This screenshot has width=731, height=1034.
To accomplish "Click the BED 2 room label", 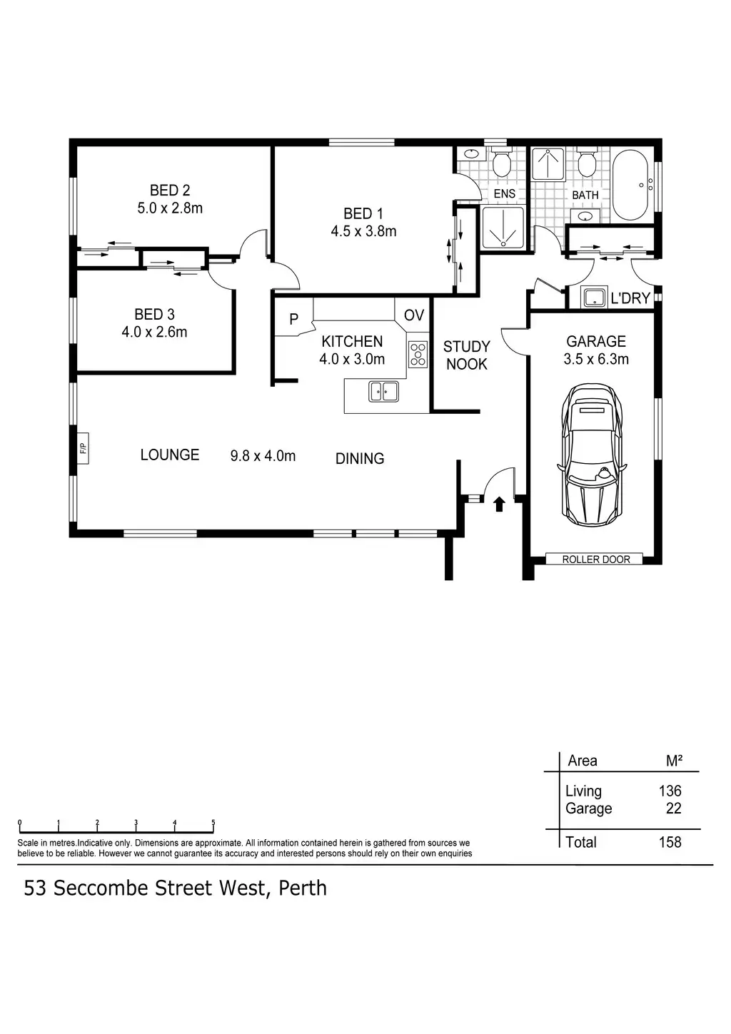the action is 169,191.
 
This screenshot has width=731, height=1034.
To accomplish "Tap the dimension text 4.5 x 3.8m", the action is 363,231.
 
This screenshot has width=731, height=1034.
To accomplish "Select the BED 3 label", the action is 154,315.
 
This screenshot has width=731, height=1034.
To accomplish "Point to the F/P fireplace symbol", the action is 83,447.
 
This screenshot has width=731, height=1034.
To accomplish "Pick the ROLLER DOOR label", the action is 595,559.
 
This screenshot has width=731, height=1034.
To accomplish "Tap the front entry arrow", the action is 499,504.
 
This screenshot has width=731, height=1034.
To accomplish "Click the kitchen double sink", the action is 383,392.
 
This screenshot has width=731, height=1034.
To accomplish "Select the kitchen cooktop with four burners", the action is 418,355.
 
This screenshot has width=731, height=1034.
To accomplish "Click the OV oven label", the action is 414,315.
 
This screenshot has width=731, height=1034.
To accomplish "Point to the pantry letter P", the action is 293,319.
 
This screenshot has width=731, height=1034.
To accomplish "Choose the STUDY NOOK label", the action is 466,355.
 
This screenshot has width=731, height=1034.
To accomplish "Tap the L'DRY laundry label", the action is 630,298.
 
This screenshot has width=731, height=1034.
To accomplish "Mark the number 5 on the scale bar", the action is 213,822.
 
